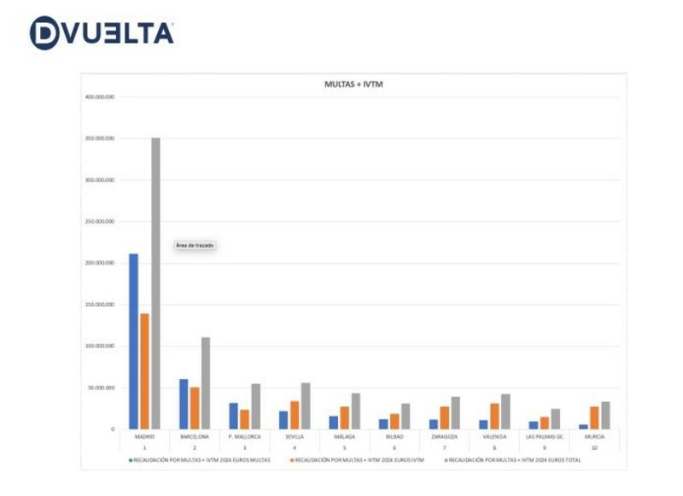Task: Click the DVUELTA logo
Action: (x=102, y=32)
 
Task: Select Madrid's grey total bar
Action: (x=155, y=283)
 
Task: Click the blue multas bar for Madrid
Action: (x=133, y=341)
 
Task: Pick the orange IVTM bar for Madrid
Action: (x=144, y=371)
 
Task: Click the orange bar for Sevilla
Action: (x=295, y=415)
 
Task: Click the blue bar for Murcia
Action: (x=584, y=426)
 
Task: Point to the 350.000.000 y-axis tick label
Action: (x=100, y=138)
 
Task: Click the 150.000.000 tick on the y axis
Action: (x=100, y=305)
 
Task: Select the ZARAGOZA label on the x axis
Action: (x=445, y=436)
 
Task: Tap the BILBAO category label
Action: (x=394, y=436)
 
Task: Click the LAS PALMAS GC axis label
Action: (x=545, y=436)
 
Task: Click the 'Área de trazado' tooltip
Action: (x=195, y=245)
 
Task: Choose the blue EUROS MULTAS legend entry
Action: (x=201, y=459)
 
